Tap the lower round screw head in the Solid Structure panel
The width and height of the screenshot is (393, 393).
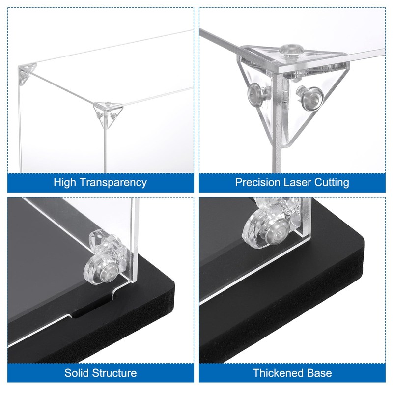click(x=101, y=270)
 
